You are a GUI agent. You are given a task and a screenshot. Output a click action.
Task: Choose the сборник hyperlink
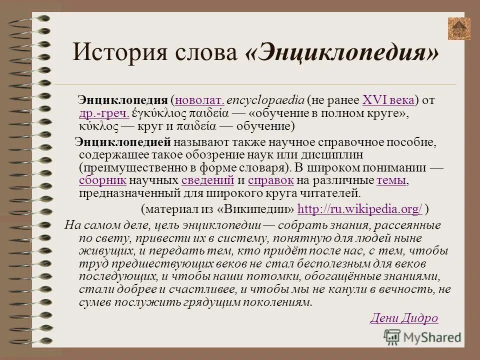pyautogui.click(x=102, y=180)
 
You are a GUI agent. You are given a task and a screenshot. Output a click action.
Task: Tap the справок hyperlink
pyautogui.click(x=270, y=180)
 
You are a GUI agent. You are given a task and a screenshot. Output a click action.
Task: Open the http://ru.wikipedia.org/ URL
pyautogui.click(x=360, y=208)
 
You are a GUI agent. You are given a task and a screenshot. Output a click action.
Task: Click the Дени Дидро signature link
pyautogui.click(x=404, y=318)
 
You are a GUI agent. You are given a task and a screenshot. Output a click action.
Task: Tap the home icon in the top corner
pyautogui.click(x=458, y=29)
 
